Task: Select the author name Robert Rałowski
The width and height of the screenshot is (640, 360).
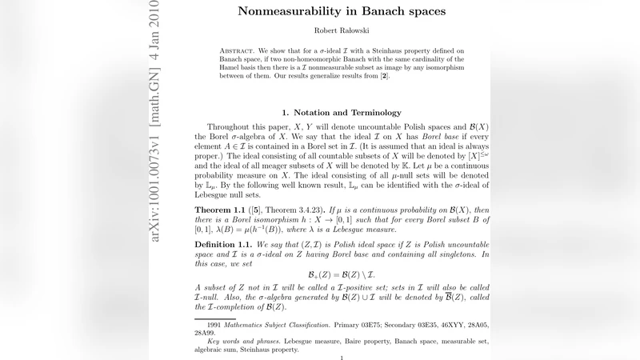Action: [342, 33]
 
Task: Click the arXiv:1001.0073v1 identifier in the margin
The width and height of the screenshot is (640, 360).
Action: [156, 183]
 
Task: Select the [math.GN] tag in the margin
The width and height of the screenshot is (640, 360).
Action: [156, 95]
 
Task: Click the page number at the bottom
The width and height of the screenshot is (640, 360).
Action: [342, 358]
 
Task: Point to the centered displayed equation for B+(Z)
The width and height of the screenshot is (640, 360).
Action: [342, 273]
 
